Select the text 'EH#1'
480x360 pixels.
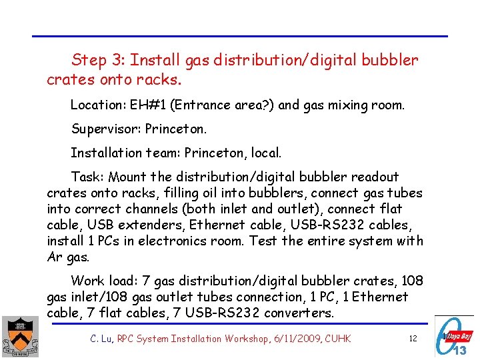(x=145, y=105)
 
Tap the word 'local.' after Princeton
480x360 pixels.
(x=267, y=153)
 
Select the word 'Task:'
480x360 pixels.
(x=87, y=177)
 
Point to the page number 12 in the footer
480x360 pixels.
(x=413, y=339)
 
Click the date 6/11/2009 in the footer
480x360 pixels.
(x=295, y=339)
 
